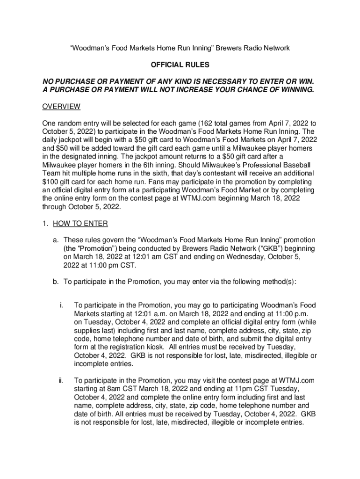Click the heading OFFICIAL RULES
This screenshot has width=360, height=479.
tap(180, 65)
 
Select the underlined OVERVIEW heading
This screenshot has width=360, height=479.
tap(61, 107)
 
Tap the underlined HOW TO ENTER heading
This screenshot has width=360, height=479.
tap(80, 224)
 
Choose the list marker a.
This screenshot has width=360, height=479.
tap(55, 239)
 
